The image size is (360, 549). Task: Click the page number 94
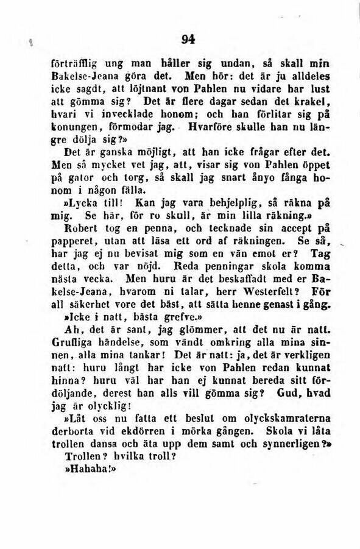(x=188, y=39)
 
